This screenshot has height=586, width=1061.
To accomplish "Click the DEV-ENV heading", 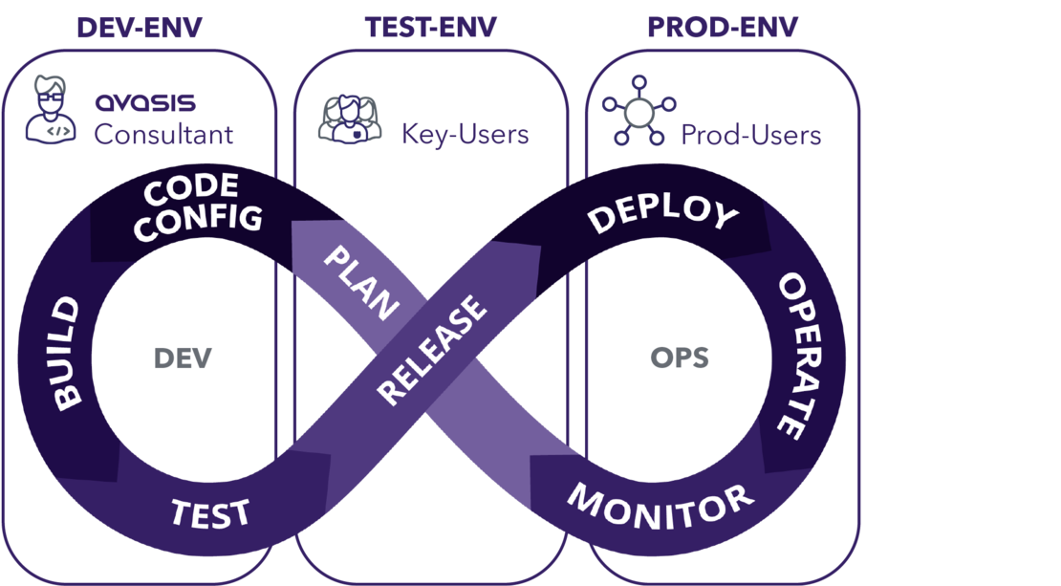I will pyautogui.click(x=140, y=28).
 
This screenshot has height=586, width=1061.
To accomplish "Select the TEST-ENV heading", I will pyautogui.click(x=431, y=28).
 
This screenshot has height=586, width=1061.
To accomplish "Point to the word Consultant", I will pyautogui.click(x=162, y=135).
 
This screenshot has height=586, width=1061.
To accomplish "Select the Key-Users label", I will pyautogui.click(x=465, y=135).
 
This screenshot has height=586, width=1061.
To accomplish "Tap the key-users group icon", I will pyautogui.click(x=348, y=118).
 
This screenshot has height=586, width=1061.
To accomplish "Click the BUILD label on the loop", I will pyautogui.click(x=66, y=354).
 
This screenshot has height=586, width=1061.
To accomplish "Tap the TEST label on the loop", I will pyautogui.click(x=211, y=512).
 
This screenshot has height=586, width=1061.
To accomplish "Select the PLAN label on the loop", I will pyautogui.click(x=360, y=282).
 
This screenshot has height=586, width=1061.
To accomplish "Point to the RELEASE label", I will pyautogui.click(x=433, y=350).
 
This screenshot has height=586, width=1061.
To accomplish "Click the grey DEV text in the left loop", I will pyautogui.click(x=183, y=358).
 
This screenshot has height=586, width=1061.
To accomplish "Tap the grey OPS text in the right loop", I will pyautogui.click(x=680, y=358).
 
